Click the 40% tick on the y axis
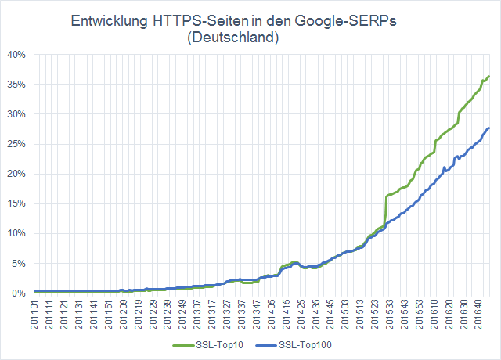pyautogui.click(x=16, y=55)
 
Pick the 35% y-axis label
pyautogui.click(x=16, y=85)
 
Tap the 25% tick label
pyautogui.click(x=16, y=144)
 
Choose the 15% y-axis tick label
pyautogui.click(x=16, y=203)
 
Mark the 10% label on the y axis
pyautogui.click(x=16, y=233)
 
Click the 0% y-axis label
pyautogui.click(x=19, y=293)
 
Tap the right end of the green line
pyautogui.click(x=489, y=77)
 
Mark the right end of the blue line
pyautogui.click(x=489, y=128)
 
